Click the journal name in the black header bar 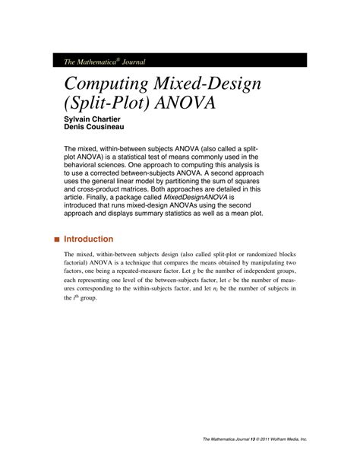tap(96, 60)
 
